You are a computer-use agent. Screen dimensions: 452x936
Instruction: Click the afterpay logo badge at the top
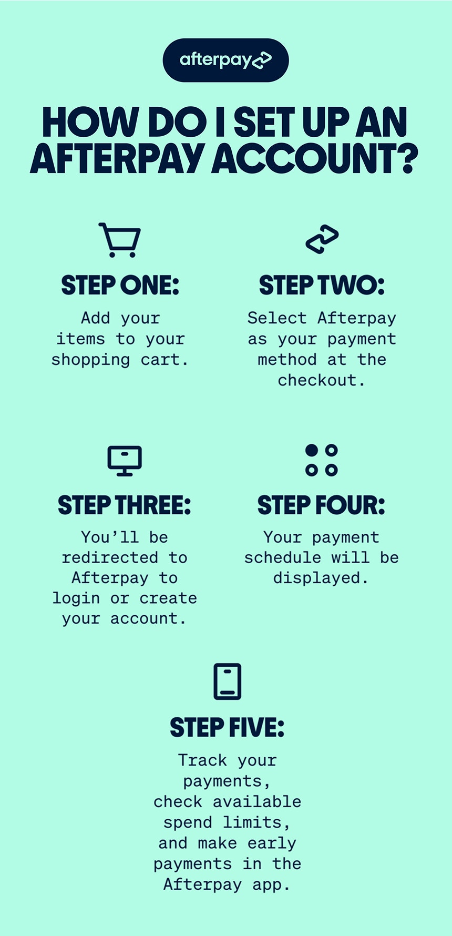coord(225,60)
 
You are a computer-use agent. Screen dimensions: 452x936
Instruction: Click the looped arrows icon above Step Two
coord(322,240)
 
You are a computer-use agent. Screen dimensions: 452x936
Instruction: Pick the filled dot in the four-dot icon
coord(312,450)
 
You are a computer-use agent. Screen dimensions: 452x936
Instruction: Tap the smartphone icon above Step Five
coord(228,681)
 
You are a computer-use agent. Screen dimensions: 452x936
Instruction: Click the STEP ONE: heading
coord(120,286)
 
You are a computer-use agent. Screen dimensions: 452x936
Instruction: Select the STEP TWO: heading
coord(322,286)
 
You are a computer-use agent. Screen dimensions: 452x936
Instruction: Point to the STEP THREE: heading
coord(125,505)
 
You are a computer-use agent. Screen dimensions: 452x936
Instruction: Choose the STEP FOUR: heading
coord(321,505)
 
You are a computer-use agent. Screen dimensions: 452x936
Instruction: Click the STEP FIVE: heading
coord(227,728)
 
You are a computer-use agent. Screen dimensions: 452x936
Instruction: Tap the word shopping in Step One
coord(90,360)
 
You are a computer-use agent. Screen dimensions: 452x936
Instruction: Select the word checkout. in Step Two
coord(321,380)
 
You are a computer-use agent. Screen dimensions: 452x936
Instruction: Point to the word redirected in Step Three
coord(110,557)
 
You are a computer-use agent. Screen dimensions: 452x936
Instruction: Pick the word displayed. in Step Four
coord(321,578)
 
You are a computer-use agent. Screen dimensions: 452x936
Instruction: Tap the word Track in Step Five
coord(202,760)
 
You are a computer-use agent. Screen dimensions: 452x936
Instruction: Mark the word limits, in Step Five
coord(256,822)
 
